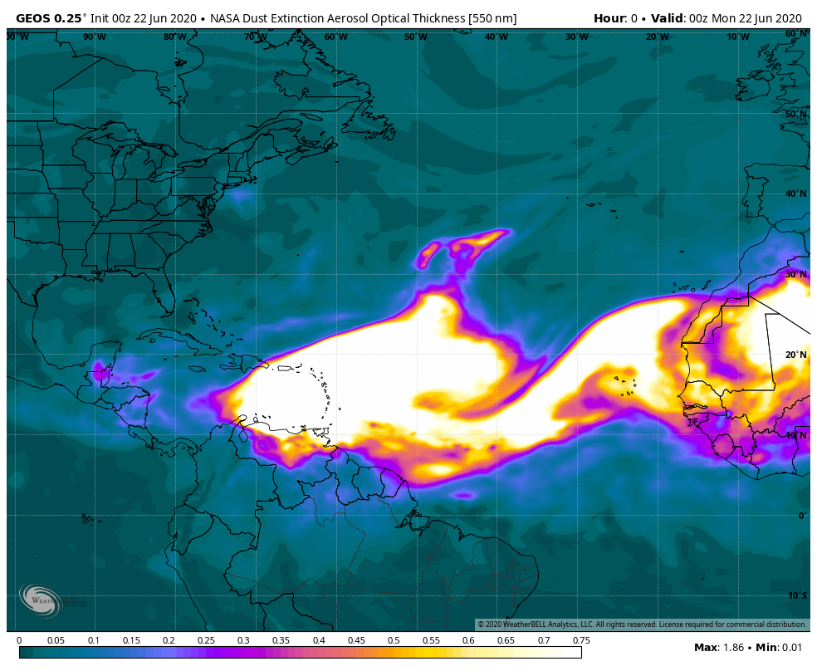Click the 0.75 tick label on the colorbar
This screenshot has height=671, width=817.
581,640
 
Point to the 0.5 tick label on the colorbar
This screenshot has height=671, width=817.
394,640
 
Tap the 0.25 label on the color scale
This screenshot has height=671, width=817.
206,640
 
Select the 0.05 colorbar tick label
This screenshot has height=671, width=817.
56,640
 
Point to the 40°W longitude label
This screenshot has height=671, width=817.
497,37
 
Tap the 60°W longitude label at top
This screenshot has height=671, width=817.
335,37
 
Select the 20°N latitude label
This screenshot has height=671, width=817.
795,355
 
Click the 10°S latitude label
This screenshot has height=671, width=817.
795,595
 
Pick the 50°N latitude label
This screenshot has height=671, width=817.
795,114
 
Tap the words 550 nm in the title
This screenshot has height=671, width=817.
493,18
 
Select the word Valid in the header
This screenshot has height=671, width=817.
666,18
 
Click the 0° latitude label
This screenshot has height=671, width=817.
801,516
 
